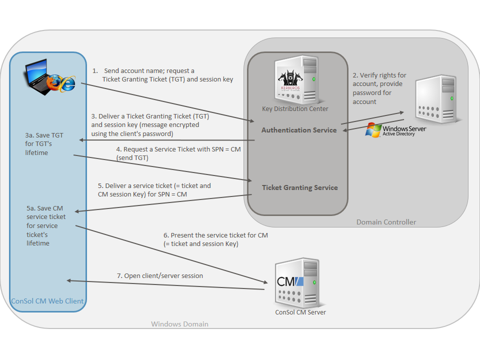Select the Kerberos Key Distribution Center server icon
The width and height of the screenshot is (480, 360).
click(295, 79)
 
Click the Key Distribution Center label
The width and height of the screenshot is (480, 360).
click(295, 109)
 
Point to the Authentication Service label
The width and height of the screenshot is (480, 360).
click(299, 130)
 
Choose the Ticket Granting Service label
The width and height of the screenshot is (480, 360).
click(300, 187)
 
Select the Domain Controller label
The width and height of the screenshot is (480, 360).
click(386, 222)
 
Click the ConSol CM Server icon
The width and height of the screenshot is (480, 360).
click(295, 283)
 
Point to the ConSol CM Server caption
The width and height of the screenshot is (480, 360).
click(300, 312)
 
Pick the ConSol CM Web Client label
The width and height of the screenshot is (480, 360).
click(47, 301)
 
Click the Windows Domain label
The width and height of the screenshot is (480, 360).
click(179, 324)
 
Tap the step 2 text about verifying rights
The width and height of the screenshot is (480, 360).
click(379, 88)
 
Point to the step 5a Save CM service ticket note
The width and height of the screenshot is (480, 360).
click(45, 225)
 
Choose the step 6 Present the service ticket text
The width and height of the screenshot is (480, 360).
click(215, 239)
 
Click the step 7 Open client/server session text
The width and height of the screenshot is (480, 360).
click(159, 275)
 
